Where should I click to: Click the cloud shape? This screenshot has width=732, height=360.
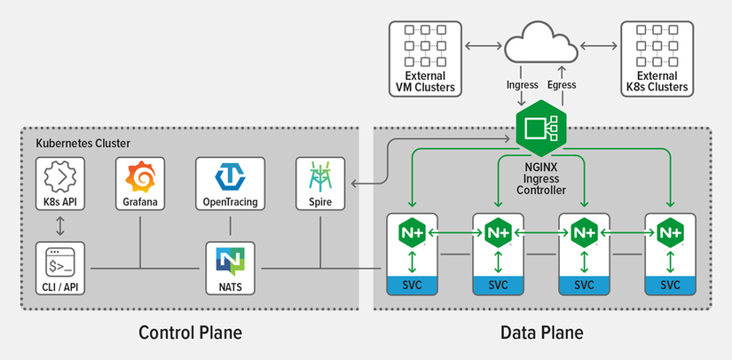pyautogui.click(x=539, y=45)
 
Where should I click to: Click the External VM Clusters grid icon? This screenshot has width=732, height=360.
pyautogui.click(x=425, y=45)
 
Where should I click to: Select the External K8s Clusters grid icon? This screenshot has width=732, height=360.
pyautogui.click(x=656, y=45)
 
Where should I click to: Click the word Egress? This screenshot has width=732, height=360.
pyautogui.click(x=562, y=85)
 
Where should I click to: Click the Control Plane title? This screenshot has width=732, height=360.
pyautogui.click(x=190, y=333)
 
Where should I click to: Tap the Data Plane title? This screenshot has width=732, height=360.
pyautogui.click(x=541, y=333)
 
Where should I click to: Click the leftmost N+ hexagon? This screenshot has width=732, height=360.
pyautogui.click(x=411, y=232)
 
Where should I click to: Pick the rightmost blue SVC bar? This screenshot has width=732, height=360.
pyautogui.click(x=670, y=286)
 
